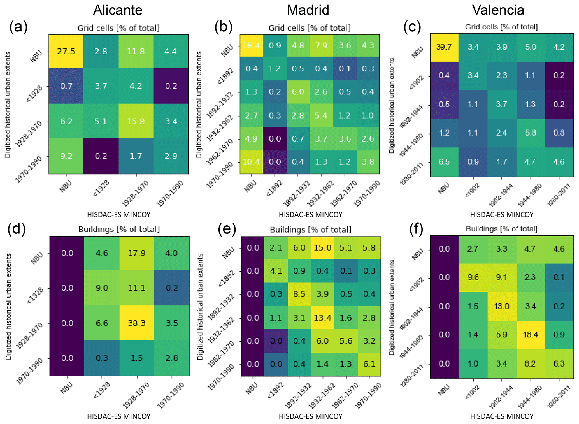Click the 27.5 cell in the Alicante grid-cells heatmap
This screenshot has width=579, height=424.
[66, 51]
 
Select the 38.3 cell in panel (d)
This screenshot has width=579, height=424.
[137, 323]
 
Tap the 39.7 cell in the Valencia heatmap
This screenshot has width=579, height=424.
[444, 47]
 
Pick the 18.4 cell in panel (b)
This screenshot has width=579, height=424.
[251, 45]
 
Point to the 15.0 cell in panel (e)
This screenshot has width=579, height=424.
[322, 248]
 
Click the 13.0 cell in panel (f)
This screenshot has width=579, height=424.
[501, 306]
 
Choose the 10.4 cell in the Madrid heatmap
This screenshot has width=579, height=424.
[251, 162]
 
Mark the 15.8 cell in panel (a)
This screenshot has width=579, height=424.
[136, 121]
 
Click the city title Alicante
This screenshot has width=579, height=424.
[118, 10]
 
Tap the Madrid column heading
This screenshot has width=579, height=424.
[308, 10]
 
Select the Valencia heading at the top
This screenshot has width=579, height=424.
[498, 10]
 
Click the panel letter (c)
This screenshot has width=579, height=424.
[412, 27]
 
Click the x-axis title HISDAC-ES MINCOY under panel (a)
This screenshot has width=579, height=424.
[119, 215]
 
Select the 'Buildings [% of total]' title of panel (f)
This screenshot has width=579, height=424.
[501, 229]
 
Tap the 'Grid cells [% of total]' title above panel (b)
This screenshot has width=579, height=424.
[310, 28]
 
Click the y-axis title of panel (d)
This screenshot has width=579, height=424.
[8, 306]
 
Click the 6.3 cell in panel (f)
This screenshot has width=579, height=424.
[559, 363]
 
